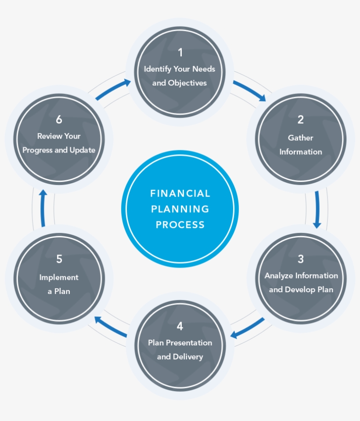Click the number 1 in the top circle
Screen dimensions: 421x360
pos(180,53)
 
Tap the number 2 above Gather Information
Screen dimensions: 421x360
pos(301,120)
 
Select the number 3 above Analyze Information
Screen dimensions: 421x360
pos(301,259)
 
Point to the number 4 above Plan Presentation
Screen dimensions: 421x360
pos(180,326)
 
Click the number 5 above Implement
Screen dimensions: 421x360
pos(59,259)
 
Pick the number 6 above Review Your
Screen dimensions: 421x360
pos(59,120)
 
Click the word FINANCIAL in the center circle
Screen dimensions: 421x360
pos(180,193)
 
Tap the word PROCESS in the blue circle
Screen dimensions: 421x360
pos(180,225)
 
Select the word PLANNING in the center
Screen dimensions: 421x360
pos(180,209)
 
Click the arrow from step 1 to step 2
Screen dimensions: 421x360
pos(249,91)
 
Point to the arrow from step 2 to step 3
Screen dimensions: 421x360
pos(317,210)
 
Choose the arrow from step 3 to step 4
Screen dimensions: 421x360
pos(248,328)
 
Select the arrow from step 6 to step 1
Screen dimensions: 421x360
pos(113,90)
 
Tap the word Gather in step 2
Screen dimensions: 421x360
pos(301,138)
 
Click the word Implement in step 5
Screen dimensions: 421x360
pos(59,277)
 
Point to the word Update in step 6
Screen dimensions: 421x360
pos(83,150)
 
